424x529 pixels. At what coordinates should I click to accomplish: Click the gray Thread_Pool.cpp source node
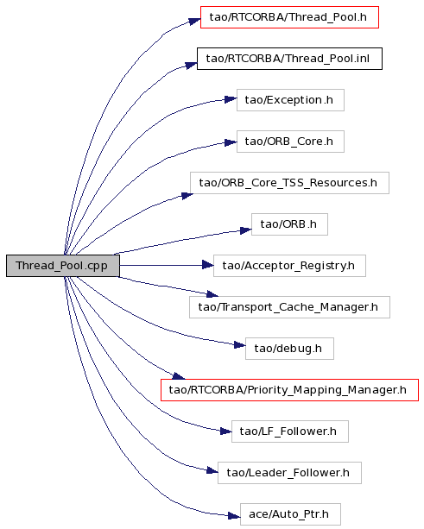[x=63, y=266]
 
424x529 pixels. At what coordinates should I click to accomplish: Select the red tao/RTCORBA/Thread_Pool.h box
[x=289, y=17]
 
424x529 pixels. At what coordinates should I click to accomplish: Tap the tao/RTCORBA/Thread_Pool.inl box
[x=289, y=59]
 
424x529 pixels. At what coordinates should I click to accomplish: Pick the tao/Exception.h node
[x=290, y=100]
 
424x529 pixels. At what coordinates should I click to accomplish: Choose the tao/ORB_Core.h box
[x=290, y=142]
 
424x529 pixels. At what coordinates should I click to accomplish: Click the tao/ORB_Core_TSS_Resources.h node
[x=289, y=183]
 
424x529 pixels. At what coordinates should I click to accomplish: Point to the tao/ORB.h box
[x=289, y=224]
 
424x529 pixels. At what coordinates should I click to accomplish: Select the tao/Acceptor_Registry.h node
[x=289, y=266]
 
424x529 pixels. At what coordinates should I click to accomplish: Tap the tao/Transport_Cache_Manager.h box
[x=289, y=307]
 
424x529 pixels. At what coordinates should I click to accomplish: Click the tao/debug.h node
[x=289, y=349]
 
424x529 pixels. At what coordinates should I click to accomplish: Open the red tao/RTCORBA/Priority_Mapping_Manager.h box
[x=289, y=390]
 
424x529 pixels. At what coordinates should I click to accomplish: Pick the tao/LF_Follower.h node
[x=289, y=431]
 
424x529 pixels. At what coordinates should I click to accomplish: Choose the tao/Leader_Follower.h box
[x=289, y=473]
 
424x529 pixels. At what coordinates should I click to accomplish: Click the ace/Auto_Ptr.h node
[x=290, y=514]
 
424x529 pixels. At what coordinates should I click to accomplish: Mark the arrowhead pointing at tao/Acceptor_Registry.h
[x=207, y=266]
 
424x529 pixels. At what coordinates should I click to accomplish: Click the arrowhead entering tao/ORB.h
[x=246, y=230]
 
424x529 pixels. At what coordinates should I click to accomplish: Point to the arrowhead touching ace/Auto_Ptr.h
[x=234, y=516]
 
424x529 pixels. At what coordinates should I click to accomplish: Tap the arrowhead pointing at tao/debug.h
[x=240, y=345]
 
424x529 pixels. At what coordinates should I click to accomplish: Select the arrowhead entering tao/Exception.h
[x=231, y=99]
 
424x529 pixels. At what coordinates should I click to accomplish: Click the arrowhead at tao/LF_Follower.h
[x=226, y=431]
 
